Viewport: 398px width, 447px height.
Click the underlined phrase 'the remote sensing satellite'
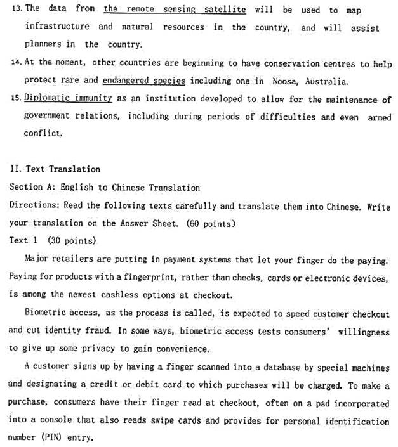coord(175,10)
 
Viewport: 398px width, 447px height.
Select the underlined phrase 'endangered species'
coord(153,81)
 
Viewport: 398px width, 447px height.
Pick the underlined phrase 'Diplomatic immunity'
coord(68,99)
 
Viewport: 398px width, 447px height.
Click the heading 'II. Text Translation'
coord(55,169)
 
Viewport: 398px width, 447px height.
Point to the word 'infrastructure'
coord(56,27)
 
